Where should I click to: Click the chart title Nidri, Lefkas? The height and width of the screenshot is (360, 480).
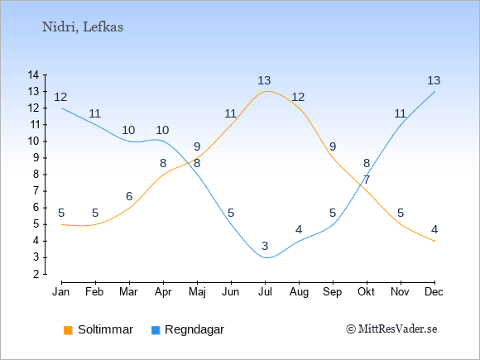coord(83,27)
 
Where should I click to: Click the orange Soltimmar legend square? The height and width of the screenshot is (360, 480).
coord(68,330)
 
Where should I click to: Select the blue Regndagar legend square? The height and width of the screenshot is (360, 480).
coord(156,330)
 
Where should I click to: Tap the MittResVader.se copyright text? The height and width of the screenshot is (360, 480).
coord(391,329)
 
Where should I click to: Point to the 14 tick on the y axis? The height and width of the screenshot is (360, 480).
coord(33,74)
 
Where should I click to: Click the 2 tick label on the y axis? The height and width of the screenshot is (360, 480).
coord(36,274)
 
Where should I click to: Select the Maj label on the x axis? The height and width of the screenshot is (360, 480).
coord(197,292)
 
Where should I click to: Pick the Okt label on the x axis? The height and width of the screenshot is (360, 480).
coord(366,292)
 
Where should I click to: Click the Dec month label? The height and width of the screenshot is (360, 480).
coord(434,292)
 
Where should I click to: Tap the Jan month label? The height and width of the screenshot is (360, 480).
coord(61,292)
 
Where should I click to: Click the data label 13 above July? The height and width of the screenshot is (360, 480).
coord(264,80)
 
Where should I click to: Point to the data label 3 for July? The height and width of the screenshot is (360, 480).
coord(265,246)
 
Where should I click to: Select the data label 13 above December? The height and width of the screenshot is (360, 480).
coord(434,80)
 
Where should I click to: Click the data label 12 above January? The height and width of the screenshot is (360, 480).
coord(60,97)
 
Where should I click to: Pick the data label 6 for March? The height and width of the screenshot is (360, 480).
coord(129,196)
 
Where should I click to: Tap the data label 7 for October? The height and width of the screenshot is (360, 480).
coord(367,180)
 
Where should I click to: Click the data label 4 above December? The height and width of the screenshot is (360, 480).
coord(434,229)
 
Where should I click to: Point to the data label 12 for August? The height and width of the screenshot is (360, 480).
coord(298,97)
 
